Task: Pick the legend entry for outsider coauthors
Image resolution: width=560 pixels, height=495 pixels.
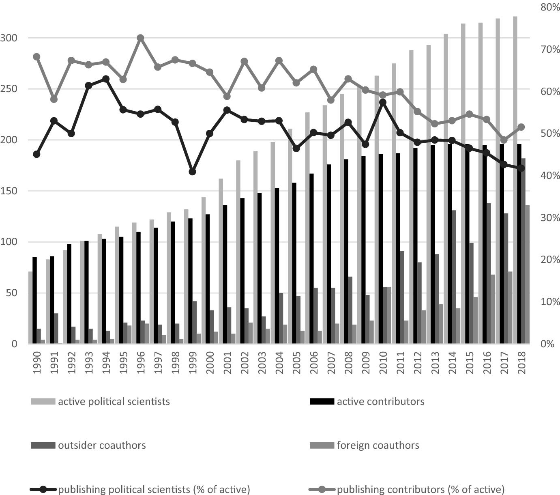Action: point(101,445)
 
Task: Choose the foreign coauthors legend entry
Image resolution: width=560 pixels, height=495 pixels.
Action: point(378,445)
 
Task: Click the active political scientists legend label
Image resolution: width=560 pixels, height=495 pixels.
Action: point(114,402)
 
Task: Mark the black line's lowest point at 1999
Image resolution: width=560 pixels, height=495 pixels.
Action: point(193,172)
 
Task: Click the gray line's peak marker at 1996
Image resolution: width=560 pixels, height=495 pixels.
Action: point(141,38)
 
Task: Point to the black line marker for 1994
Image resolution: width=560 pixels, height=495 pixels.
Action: point(106,79)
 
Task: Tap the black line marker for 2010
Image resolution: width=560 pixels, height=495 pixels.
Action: point(383,102)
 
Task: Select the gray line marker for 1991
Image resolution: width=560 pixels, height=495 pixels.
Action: point(54,99)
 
